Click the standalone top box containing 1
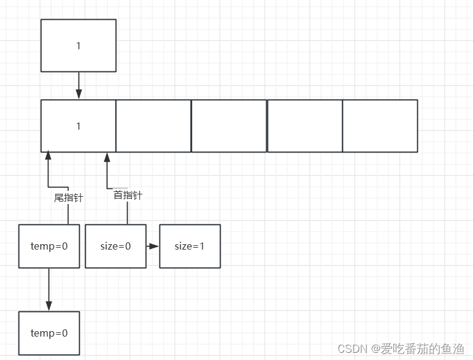[x=78, y=46]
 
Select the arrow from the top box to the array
[x=78, y=85]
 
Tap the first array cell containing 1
[x=78, y=126]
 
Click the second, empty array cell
[x=153, y=126]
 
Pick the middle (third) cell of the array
[x=229, y=126]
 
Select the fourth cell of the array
[x=305, y=126]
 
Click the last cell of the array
[x=380, y=126]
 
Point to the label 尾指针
[x=68, y=197]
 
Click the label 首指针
[x=128, y=195]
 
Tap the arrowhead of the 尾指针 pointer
[x=48, y=156]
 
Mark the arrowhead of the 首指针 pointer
[x=107, y=157]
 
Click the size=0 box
[x=115, y=246]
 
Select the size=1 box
[x=189, y=246]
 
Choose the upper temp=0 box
[x=49, y=246]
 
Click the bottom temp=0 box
[x=49, y=333]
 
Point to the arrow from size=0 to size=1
[x=153, y=246]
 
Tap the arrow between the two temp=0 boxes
[x=49, y=289]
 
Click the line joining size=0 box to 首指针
[x=127, y=213]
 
